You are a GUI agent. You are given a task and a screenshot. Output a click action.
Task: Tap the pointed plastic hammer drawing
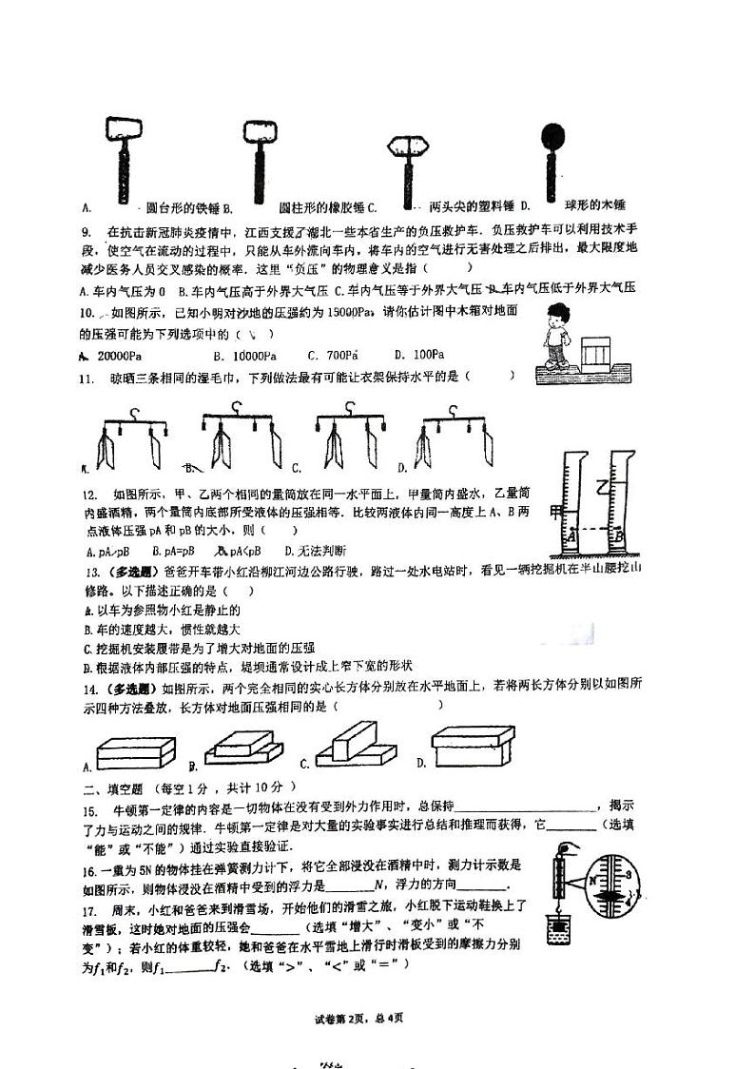[410, 157]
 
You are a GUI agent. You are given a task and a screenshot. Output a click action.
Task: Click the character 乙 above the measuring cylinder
[602, 488]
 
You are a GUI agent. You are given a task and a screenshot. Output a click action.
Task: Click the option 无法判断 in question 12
[320, 551]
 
